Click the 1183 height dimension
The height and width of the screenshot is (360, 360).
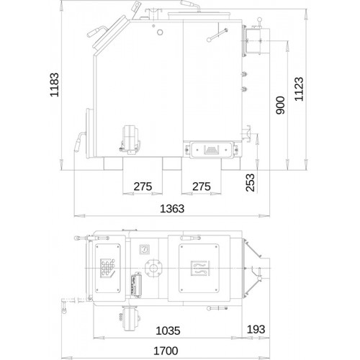[54, 85]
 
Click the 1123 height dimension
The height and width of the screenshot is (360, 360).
[299, 89]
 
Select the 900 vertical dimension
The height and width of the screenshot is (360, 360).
[280, 105]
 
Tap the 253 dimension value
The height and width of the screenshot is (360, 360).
[250, 183]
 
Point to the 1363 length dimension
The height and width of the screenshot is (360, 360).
[172, 209]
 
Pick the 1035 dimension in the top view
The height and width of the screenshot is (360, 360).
[168, 330]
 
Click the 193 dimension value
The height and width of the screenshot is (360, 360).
[256, 329]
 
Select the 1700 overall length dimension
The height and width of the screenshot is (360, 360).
[166, 351]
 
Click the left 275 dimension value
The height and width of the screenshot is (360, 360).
[143, 186]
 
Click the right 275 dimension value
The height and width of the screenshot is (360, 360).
[202, 186]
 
